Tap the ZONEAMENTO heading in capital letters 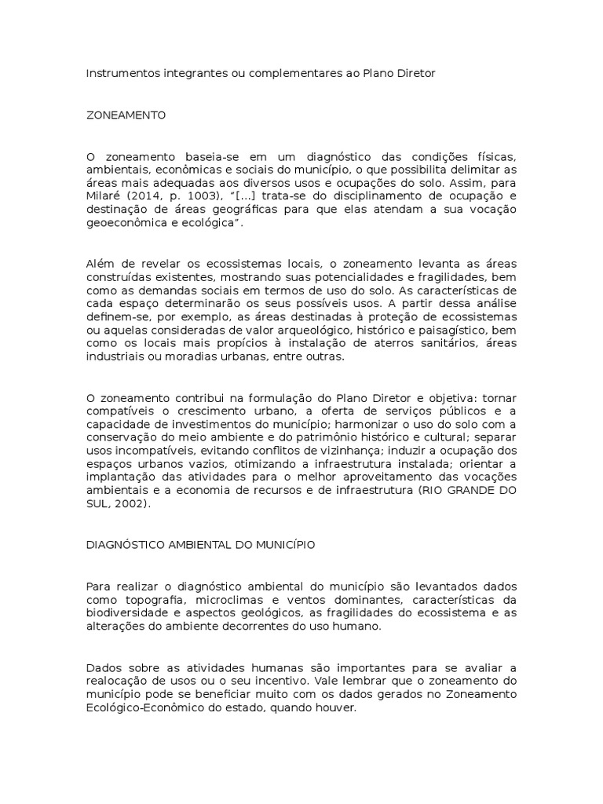(x=126, y=115)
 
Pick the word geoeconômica (x=123, y=223)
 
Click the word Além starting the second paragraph (x=100, y=264)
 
